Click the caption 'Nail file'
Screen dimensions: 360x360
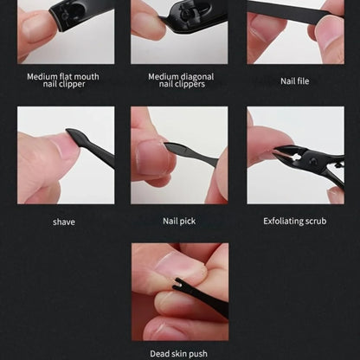[294, 81]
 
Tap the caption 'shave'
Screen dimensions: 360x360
[64, 222]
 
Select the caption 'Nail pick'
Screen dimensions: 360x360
[179, 222]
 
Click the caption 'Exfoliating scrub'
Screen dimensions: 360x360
[295, 222]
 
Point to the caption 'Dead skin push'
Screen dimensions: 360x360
[178, 354]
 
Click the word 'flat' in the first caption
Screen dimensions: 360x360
[67, 76]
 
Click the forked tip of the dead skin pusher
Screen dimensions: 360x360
[177, 283]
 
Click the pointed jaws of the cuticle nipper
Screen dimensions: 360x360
[284, 153]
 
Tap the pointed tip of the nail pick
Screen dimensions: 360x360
[166, 145]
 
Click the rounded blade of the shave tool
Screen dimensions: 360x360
[74, 136]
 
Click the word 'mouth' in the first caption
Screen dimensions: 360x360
[87, 76]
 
